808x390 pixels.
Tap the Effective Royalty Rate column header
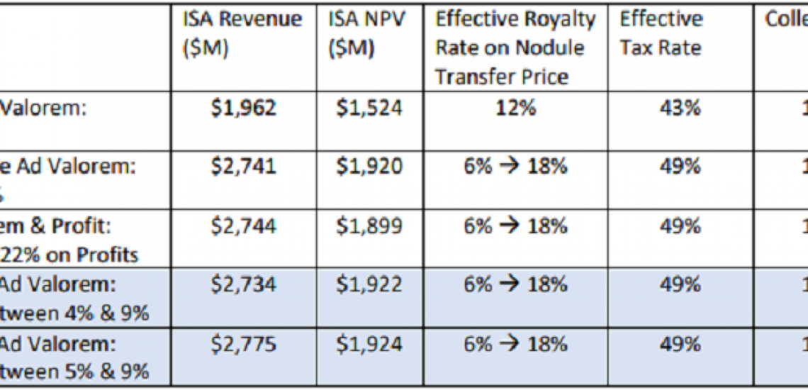(x=515, y=48)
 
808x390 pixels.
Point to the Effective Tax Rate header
(x=661, y=33)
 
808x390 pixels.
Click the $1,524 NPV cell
(x=369, y=108)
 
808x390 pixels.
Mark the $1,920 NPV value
(x=369, y=167)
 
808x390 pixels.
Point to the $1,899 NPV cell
(x=369, y=226)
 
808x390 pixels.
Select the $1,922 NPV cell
(x=369, y=285)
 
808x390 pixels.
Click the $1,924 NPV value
(x=369, y=345)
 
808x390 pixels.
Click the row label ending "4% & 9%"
(x=74, y=312)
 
